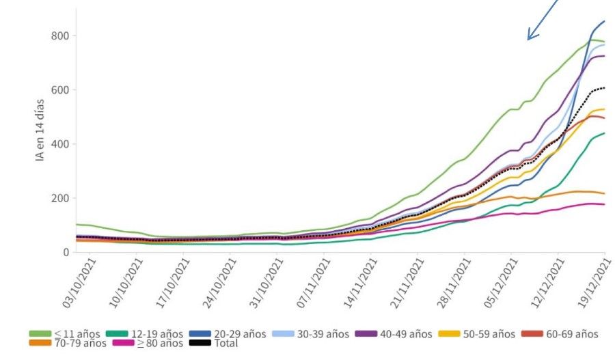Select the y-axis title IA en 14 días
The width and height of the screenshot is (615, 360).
[x=40, y=129]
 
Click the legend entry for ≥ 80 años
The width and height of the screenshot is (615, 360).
[x=147, y=344]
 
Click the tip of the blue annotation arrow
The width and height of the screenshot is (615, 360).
[x=528, y=39]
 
